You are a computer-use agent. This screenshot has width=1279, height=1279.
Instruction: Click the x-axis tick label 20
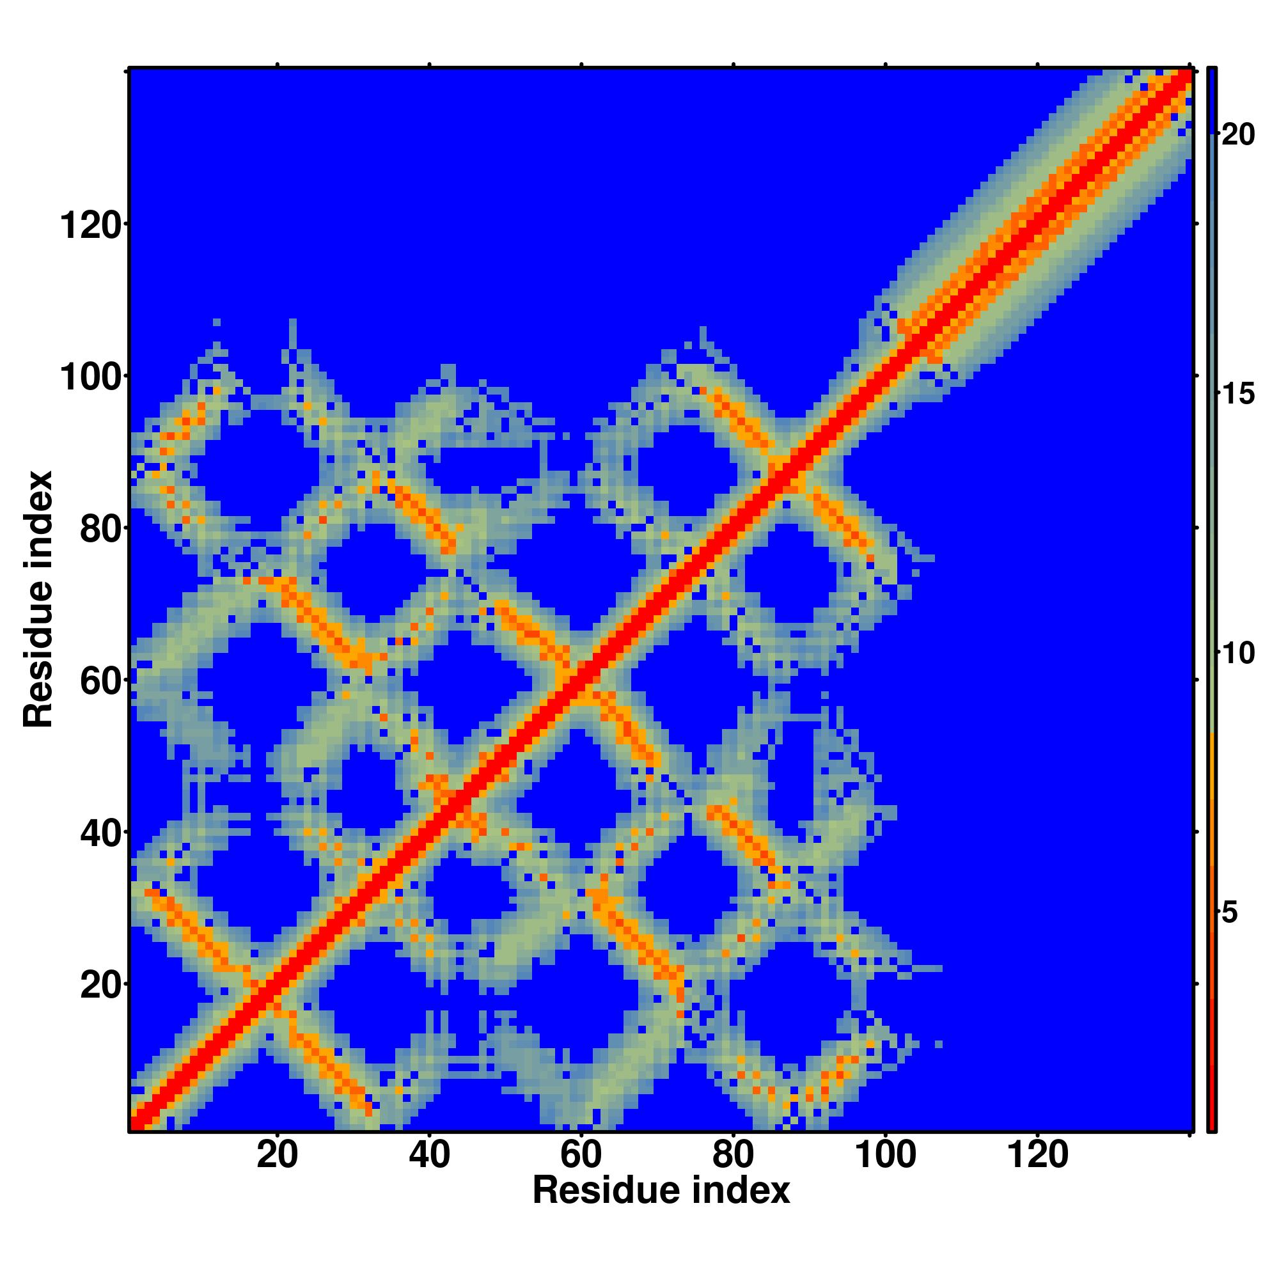278,1156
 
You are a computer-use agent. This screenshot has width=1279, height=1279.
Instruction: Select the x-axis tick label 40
429,1156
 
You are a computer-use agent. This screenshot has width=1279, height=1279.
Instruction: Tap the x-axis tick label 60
581,1156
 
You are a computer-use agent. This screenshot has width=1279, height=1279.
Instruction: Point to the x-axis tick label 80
733,1156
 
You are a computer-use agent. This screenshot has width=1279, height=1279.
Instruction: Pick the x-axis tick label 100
886,1156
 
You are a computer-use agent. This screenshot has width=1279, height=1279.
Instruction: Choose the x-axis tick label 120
1037,1156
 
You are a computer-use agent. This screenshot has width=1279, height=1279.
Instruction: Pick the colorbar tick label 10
1237,654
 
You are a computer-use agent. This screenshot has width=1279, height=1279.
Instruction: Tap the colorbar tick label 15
1237,395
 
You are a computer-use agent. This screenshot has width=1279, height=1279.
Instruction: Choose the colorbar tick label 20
1237,135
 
